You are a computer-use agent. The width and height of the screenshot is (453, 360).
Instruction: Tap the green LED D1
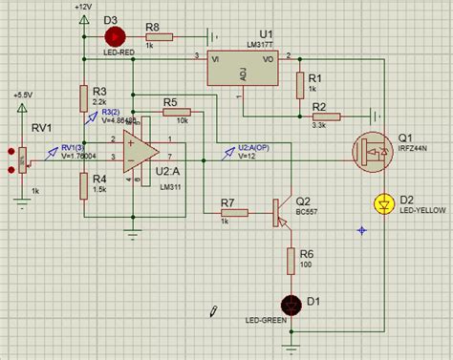[291, 302]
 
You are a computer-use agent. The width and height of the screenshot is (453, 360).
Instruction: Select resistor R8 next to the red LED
[158, 36]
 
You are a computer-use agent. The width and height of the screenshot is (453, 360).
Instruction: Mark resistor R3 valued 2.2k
[84, 95]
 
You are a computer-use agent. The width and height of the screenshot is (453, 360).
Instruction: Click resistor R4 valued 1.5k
[84, 181]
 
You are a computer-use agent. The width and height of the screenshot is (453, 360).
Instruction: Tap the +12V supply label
[83, 7]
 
